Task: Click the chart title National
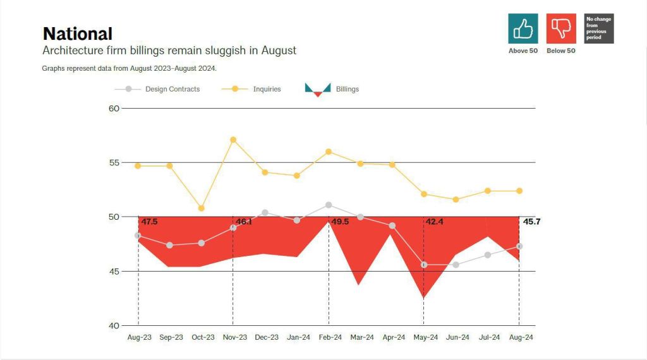(77, 33)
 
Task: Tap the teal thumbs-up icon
(523, 28)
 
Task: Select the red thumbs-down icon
(560, 28)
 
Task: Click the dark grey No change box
(598, 28)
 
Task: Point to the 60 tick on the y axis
(114, 109)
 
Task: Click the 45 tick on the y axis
(114, 272)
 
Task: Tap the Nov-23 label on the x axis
(234, 338)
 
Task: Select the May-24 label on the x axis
(425, 338)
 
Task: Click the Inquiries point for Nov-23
(233, 140)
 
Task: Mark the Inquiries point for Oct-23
(201, 208)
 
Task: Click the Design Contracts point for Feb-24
(329, 205)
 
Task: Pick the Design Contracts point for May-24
(424, 265)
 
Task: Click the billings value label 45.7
(531, 222)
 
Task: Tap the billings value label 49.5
(340, 222)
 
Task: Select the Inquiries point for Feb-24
(329, 152)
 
